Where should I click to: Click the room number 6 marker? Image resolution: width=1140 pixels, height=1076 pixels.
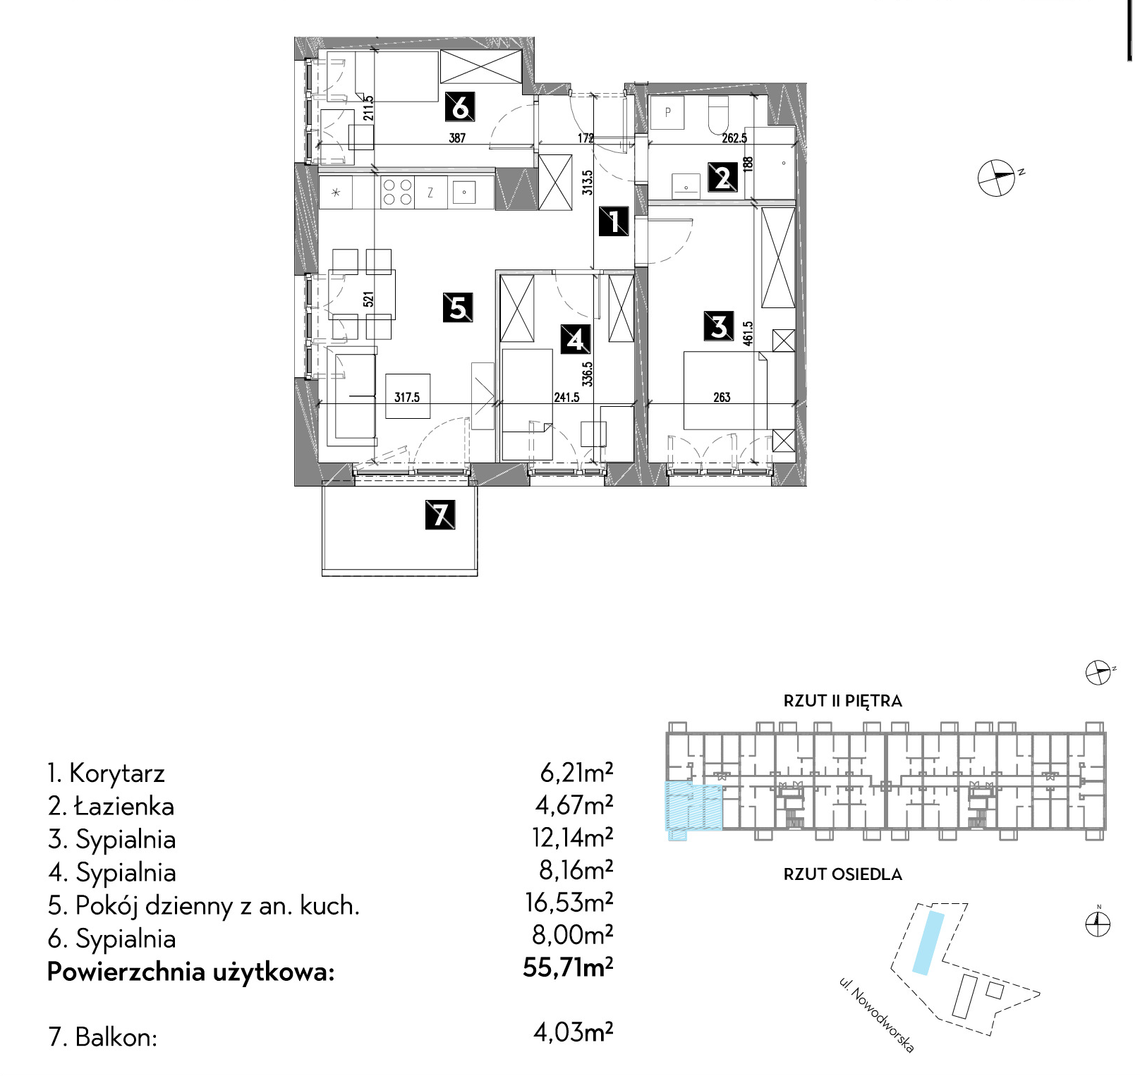459,107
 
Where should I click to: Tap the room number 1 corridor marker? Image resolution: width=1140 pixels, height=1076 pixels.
613,221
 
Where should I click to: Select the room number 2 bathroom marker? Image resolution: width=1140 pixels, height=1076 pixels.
722,177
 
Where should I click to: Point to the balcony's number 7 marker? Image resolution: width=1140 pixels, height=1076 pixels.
440,515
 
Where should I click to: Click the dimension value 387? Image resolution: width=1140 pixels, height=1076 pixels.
457,138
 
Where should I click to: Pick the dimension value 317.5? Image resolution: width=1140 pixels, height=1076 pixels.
407,398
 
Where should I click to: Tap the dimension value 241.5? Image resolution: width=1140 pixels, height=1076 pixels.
566,398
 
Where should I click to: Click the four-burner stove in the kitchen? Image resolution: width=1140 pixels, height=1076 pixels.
396,192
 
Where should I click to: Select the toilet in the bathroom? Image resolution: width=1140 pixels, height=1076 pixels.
717,115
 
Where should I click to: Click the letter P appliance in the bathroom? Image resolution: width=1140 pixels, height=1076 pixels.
667,113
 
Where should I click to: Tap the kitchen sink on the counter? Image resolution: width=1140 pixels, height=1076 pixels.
463,192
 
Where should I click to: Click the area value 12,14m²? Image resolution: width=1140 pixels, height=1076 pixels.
572,837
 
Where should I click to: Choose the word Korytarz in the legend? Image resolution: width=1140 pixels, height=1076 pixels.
117,774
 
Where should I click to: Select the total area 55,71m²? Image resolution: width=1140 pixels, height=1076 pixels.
568,968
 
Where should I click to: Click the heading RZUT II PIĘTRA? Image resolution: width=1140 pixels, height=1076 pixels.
843,701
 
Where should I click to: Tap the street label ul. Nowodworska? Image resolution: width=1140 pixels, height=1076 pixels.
877,1015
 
